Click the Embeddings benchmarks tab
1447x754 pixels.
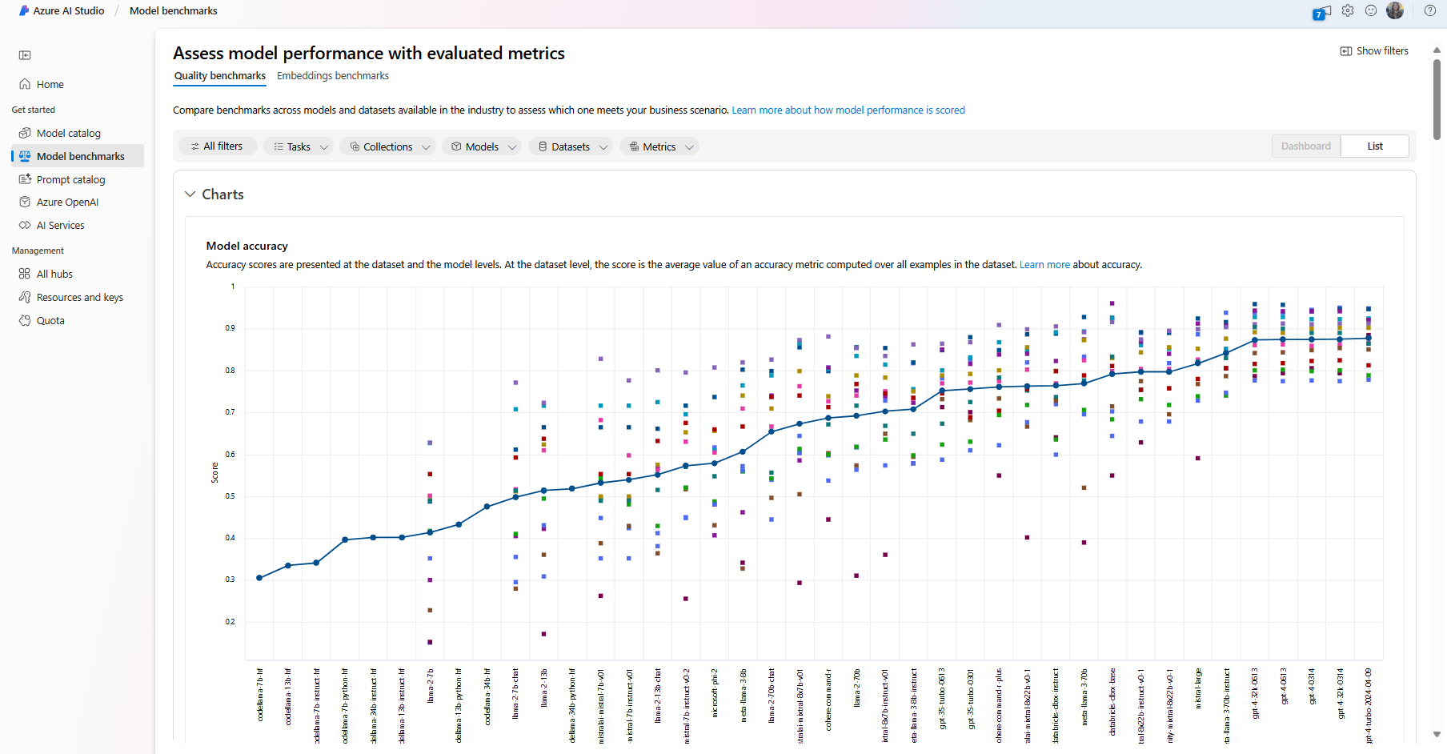(332, 76)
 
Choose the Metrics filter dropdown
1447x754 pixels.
(659, 146)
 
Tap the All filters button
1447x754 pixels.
(218, 146)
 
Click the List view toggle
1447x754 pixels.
(1374, 146)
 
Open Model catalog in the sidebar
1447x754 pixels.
(69, 134)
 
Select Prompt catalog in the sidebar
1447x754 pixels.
(70, 180)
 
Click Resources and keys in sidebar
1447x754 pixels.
(79, 298)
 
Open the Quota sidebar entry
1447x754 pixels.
(50, 321)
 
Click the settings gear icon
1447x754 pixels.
(1348, 11)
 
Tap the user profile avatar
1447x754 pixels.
(1395, 10)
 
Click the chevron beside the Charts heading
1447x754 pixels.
(190, 195)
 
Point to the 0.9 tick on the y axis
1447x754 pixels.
(230, 328)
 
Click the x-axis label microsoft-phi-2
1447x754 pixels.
(715, 693)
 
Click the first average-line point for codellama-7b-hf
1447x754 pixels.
(259, 578)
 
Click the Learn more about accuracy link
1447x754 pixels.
(1044, 265)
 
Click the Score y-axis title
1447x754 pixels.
(214, 472)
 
